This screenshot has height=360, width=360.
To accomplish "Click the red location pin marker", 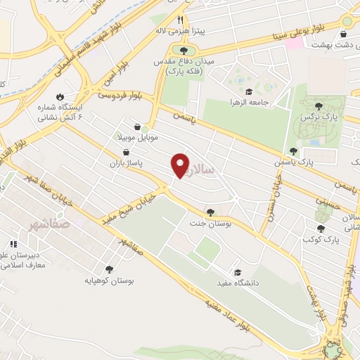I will coord(181,166).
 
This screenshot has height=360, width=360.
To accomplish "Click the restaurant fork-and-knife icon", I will coord(181,20).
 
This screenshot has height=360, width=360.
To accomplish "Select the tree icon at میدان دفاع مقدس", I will coord(184,51).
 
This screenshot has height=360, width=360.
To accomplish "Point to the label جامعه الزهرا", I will coord(265,103).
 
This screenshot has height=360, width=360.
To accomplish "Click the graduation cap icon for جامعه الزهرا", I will coord(247,91).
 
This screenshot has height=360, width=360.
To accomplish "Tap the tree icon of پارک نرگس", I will coord(319,105).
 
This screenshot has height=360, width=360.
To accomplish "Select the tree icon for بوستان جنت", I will coord(210,212).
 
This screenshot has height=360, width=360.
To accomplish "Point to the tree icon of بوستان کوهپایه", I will coord(109,269).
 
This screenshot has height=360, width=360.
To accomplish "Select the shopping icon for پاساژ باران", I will coord(126,152).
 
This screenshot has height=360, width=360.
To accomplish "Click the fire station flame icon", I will coord(59,97).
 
